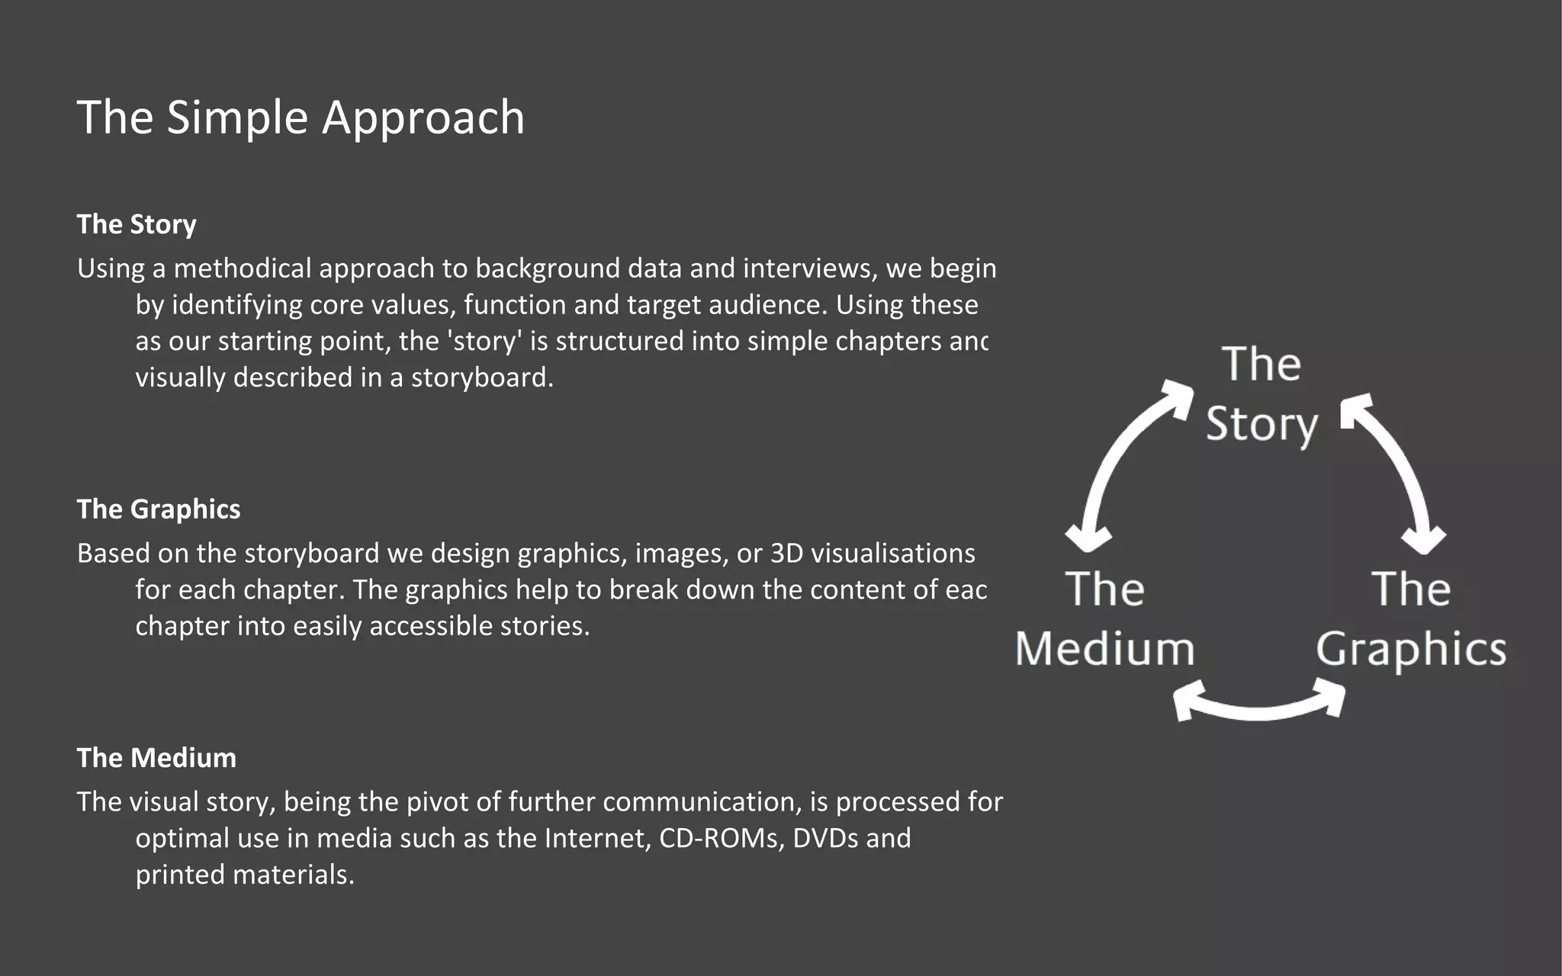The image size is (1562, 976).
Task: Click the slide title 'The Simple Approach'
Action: (x=301, y=117)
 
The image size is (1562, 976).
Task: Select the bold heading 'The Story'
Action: (x=137, y=224)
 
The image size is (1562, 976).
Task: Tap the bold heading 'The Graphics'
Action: (x=159, y=509)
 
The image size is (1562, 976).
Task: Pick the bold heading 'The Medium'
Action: (x=156, y=758)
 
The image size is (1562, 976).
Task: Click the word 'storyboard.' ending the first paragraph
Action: (x=482, y=377)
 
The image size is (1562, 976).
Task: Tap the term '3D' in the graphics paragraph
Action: (x=787, y=553)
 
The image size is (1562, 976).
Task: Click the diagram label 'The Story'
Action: (x=1261, y=394)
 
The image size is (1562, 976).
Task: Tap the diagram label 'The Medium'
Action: (x=1104, y=619)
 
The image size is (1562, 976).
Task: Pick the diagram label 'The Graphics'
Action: (x=1411, y=619)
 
